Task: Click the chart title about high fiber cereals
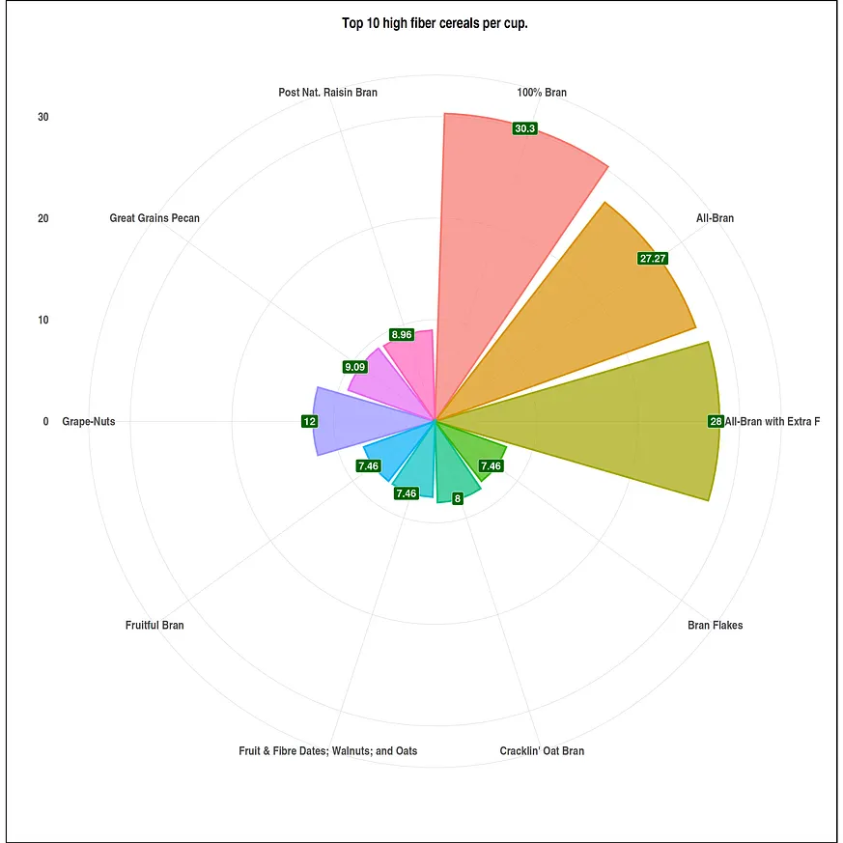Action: point(435,23)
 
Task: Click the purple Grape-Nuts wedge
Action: point(357,421)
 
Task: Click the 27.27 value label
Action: point(653,258)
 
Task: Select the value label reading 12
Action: point(309,421)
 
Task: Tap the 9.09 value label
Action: point(354,367)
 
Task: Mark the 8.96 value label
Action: point(401,335)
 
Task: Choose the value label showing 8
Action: point(457,498)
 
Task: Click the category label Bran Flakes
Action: point(715,626)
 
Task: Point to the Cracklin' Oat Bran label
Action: point(542,751)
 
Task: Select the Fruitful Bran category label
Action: point(155,626)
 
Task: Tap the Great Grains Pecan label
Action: point(155,218)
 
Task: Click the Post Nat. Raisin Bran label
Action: point(327,93)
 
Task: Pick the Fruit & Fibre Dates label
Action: point(328,751)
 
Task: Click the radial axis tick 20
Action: point(42,218)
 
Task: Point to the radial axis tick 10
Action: point(42,320)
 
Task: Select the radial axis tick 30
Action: point(42,117)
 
